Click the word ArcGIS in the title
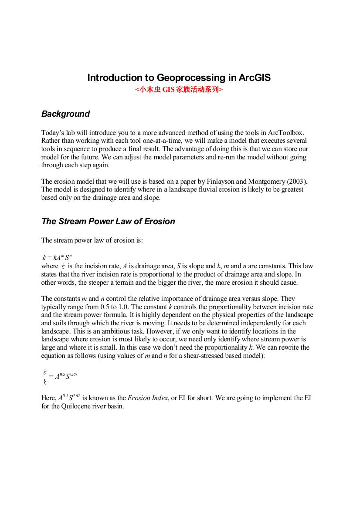click(x=255, y=78)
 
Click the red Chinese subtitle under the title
click(x=179, y=90)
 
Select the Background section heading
click(x=65, y=114)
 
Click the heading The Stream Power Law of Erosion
click(x=108, y=221)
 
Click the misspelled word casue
click(x=289, y=282)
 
